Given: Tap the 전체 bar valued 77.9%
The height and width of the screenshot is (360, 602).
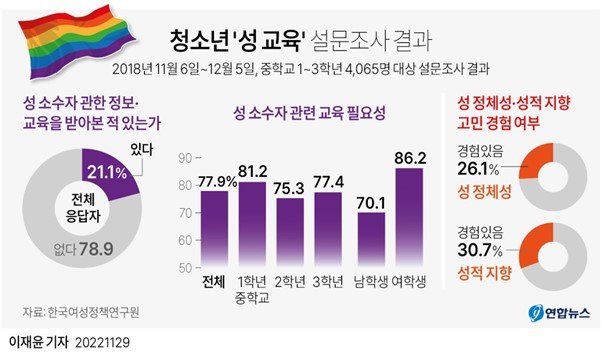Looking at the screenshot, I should [x=213, y=228].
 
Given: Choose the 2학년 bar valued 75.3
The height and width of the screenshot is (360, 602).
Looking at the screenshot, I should [x=290, y=232].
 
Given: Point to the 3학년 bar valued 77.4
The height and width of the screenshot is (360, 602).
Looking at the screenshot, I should [x=330, y=229].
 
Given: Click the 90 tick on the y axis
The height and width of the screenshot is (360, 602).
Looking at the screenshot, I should [x=184, y=158].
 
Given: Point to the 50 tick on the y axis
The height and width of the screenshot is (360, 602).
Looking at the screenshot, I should [x=184, y=268].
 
